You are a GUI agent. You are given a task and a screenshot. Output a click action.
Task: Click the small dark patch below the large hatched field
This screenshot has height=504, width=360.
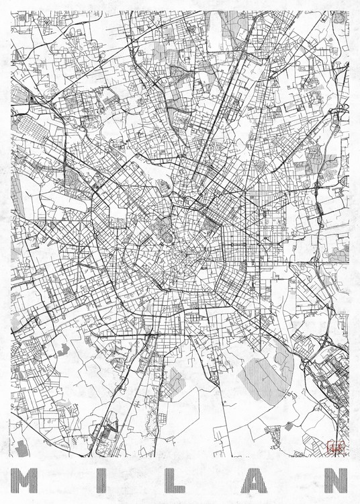coord(288,425)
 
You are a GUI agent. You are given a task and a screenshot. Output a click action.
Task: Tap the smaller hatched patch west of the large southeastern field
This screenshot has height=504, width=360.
coord(175,382)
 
